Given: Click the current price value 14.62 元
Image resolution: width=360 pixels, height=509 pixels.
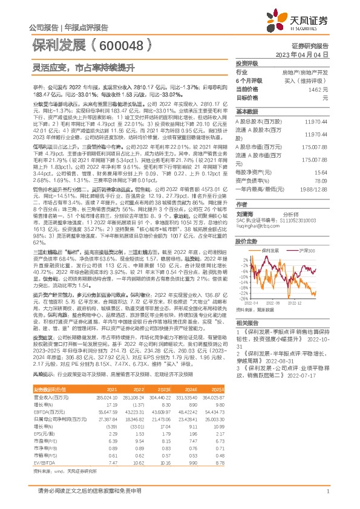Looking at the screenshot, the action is coord(318,89).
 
